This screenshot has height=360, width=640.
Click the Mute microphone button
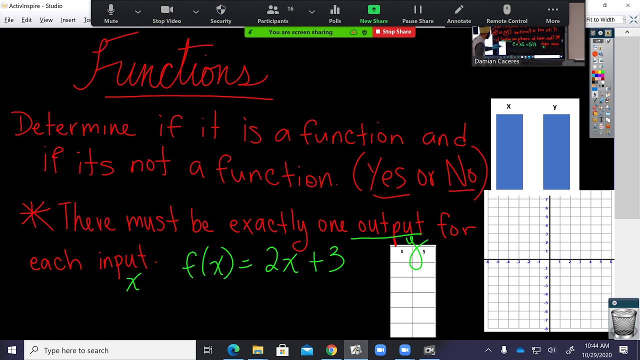(111, 13)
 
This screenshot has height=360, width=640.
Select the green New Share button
(373, 13)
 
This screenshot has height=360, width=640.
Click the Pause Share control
(417, 13)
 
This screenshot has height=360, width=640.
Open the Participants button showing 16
(273, 13)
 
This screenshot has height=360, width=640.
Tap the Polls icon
(335, 13)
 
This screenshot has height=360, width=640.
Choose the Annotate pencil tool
(458, 13)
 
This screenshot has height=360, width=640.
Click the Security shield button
(220, 13)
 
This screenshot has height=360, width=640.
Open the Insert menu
(68, 20)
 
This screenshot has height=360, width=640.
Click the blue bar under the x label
(509, 152)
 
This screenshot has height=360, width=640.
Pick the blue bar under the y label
(556, 152)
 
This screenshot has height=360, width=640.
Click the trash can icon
(623, 323)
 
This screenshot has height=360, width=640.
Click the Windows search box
(110, 350)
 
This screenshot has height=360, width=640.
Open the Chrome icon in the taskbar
(331, 350)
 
